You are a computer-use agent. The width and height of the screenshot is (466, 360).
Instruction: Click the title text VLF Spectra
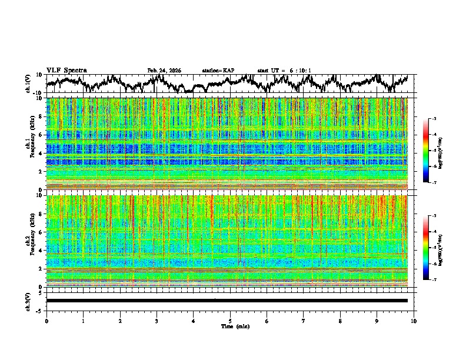click(66, 70)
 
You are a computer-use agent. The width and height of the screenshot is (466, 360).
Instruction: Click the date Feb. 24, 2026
click(164, 71)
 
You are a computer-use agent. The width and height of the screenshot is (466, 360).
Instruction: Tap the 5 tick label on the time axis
click(230, 321)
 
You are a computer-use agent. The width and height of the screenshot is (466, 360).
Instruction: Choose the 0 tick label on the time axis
click(46, 321)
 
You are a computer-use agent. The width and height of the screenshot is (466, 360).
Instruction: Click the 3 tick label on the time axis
click(157, 321)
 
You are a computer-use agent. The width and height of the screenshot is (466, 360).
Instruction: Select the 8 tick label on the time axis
click(340, 321)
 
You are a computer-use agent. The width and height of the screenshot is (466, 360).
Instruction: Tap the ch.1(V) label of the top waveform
click(28, 84)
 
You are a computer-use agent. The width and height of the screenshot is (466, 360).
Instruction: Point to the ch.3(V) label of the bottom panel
click(28, 301)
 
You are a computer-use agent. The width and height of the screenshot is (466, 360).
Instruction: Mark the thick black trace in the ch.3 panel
click(227, 301)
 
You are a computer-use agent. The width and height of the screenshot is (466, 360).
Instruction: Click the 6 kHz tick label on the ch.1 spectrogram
click(41, 135)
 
